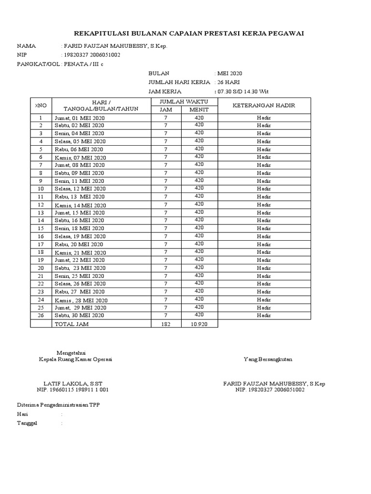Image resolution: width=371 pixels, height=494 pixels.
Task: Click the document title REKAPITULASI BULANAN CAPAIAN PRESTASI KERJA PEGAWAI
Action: click(x=189, y=33)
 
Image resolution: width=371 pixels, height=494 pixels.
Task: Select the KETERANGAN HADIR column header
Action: click(x=264, y=105)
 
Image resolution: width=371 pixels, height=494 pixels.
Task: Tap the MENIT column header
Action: click(x=199, y=110)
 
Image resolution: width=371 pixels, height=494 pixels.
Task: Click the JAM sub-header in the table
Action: click(x=166, y=110)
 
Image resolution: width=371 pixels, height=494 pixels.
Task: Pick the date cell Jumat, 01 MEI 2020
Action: click(x=79, y=118)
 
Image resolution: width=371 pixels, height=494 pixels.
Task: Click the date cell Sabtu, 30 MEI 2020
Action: click(x=79, y=316)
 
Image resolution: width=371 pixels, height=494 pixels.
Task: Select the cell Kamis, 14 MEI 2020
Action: click(x=80, y=205)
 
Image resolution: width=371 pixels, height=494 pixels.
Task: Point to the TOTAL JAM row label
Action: click(x=71, y=324)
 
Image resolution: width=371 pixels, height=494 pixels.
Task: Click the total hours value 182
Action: click(x=166, y=324)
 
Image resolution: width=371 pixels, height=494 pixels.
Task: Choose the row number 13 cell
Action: click(x=41, y=213)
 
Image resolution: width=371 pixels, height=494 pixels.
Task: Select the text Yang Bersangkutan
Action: click(x=268, y=359)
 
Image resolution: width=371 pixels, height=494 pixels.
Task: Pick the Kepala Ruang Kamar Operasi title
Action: click(x=77, y=359)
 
